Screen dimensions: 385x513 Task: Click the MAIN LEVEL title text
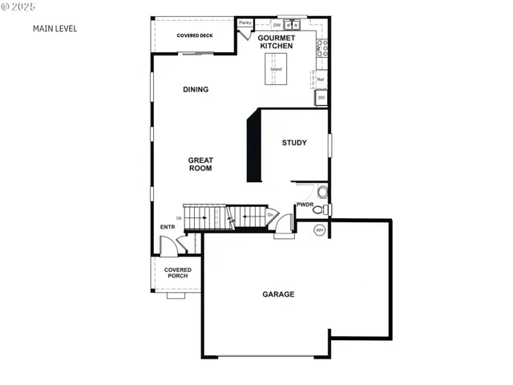tap(55, 28)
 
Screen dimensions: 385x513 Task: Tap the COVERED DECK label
tap(195, 36)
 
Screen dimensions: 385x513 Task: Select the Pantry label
tap(245, 22)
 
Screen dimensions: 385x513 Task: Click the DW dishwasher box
tap(277, 25)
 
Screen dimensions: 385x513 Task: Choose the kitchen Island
tap(277, 70)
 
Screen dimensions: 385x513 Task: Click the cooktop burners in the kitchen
tap(321, 47)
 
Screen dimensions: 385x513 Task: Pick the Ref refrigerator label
tap(321, 79)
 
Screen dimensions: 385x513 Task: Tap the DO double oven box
tap(321, 98)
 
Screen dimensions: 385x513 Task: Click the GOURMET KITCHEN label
tap(277, 42)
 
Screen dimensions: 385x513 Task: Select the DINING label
tap(196, 89)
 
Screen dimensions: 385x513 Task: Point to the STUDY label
tap(294, 143)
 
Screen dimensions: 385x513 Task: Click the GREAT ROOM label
tap(200, 164)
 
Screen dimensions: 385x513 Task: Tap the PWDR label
tap(305, 205)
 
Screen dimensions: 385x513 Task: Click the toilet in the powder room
tap(318, 210)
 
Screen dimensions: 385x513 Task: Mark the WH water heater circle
tap(320, 230)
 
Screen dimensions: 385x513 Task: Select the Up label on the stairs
tap(179, 217)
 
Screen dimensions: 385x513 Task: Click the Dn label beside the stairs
tap(270, 215)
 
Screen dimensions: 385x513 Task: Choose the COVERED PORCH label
tap(177, 273)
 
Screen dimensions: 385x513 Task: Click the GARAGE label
tap(278, 294)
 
